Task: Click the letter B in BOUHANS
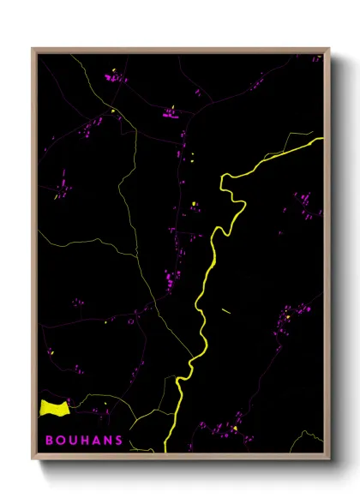click(50, 441)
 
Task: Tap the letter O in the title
click(62, 441)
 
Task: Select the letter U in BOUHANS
click(74, 441)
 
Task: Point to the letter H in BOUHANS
click(86, 441)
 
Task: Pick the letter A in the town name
click(97, 441)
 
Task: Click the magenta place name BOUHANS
click(84, 441)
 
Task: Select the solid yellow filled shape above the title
click(53, 408)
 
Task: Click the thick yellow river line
click(206, 283)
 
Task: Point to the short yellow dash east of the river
click(226, 310)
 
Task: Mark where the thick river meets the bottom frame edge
click(165, 450)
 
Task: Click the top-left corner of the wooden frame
click(33, 49)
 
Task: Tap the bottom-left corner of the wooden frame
click(33, 456)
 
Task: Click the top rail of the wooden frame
click(180, 50)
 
